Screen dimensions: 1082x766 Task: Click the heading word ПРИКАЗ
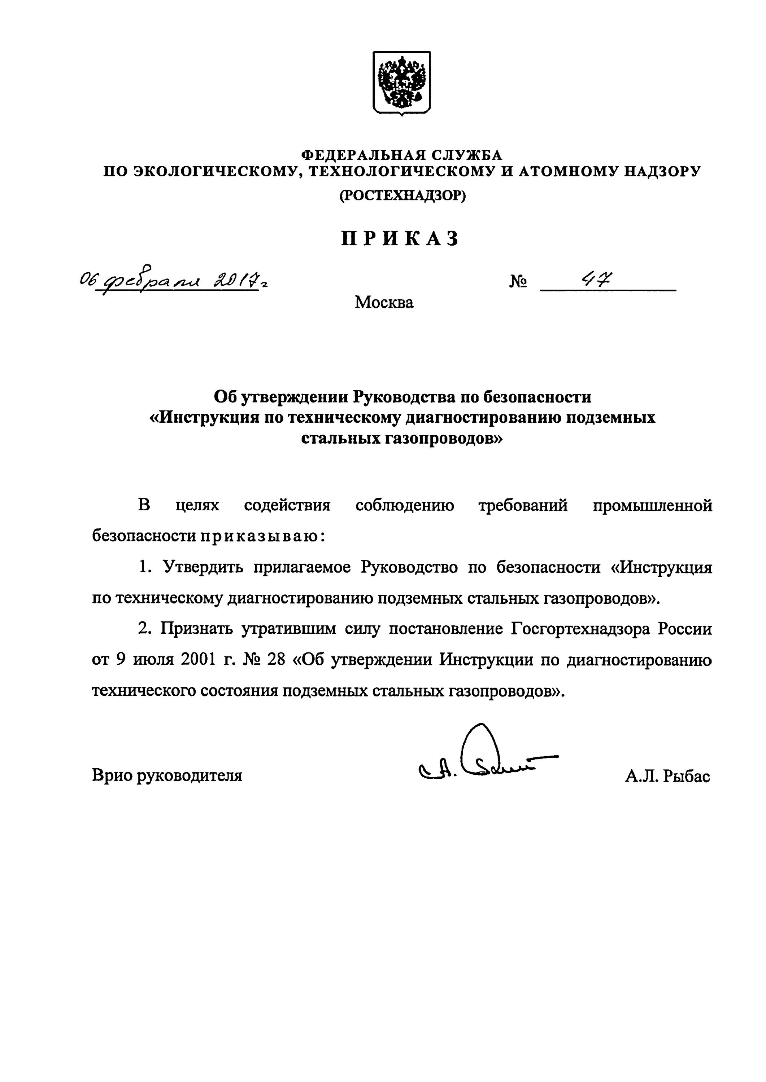(x=400, y=239)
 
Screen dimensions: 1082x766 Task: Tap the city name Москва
(x=384, y=302)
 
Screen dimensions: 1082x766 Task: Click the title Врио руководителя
(x=167, y=775)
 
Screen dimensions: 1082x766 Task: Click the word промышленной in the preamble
(x=652, y=506)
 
